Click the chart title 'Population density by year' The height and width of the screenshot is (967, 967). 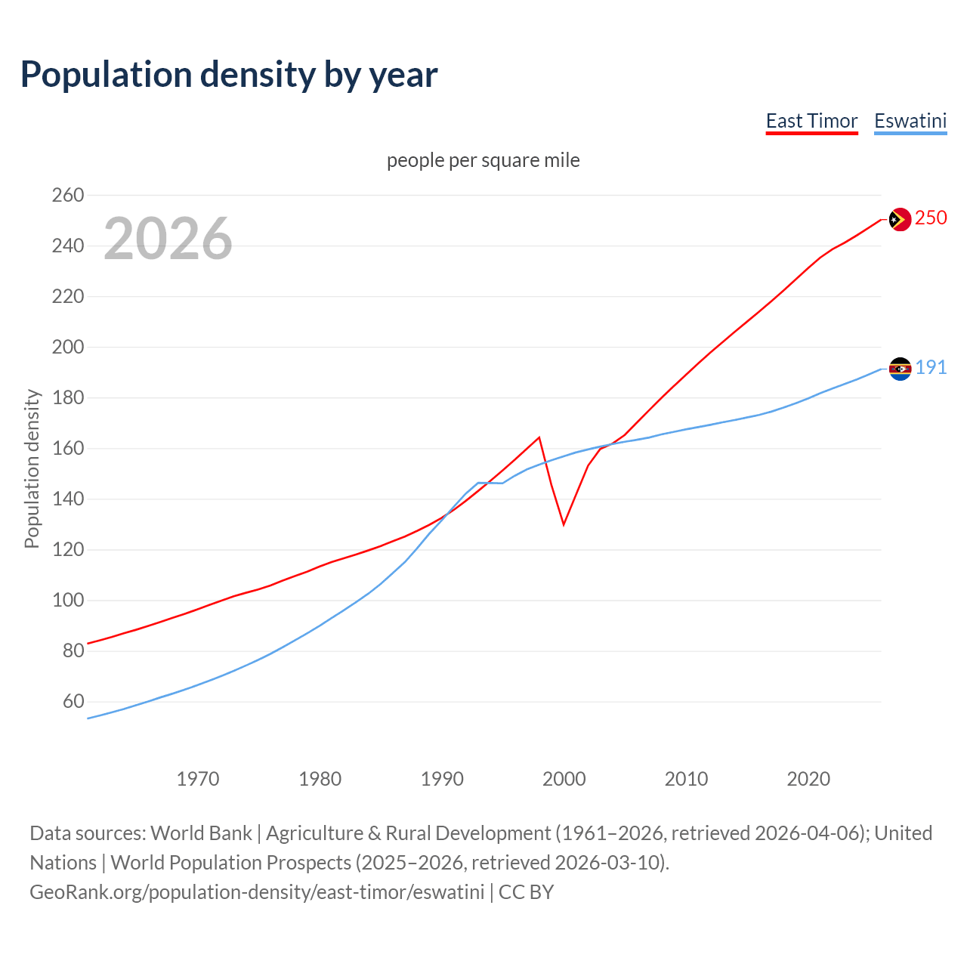coord(229,75)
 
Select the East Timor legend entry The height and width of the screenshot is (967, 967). coord(811,121)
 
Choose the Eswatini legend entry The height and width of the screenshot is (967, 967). coord(910,121)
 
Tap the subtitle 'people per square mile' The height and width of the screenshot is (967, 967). coord(483,160)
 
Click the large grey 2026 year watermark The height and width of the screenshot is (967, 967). coord(168,239)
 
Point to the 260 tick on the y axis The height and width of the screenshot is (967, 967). coord(68,196)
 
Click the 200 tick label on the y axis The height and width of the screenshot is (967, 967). coord(68,348)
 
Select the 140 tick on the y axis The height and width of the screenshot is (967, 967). coord(68,499)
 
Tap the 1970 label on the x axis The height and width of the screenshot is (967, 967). coord(198,779)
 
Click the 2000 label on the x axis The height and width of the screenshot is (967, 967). coord(564,779)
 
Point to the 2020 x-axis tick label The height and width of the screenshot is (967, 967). coord(808,779)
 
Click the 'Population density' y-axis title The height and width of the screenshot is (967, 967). coord(32,468)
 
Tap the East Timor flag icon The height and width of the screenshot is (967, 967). coord(900,219)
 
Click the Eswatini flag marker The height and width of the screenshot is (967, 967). coord(900,369)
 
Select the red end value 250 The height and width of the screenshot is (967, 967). coord(931,218)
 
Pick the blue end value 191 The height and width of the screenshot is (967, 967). coord(931,368)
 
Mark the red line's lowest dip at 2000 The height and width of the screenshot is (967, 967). coord(564,524)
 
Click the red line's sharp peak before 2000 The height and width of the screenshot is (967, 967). coord(539,437)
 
